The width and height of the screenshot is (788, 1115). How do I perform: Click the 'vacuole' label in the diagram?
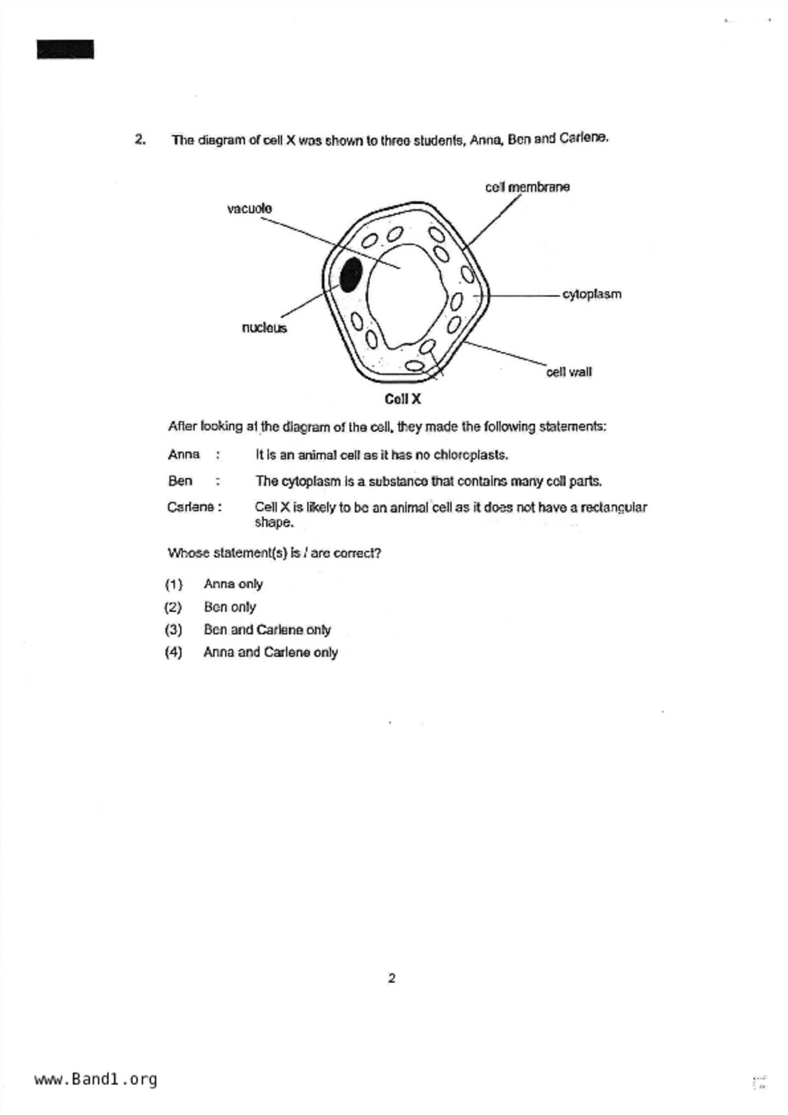click(249, 209)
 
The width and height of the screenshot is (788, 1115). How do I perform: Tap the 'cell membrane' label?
click(527, 187)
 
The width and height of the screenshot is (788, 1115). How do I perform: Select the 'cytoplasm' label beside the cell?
click(591, 294)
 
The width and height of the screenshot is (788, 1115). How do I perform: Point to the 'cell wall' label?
click(569, 372)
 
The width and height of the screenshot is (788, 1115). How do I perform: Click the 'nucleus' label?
click(264, 328)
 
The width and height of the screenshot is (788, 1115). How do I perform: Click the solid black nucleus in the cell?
click(351, 275)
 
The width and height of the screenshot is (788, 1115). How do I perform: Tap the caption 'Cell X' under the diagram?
click(403, 399)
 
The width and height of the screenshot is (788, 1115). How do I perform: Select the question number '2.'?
click(141, 139)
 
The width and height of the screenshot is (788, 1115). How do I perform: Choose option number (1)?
click(173, 584)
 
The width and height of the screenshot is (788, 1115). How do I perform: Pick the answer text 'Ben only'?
click(230, 607)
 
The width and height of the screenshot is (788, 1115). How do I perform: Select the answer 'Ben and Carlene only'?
click(267, 630)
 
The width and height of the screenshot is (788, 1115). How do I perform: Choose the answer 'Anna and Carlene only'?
click(270, 652)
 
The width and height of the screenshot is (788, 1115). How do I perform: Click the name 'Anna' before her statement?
click(184, 455)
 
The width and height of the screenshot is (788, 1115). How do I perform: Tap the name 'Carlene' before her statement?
click(191, 507)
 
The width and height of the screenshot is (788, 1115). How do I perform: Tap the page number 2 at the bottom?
click(391, 978)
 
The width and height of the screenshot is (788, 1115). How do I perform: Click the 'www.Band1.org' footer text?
click(95, 1079)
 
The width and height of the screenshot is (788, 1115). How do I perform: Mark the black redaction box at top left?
click(66, 50)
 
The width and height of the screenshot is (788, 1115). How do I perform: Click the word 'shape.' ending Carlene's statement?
click(274, 523)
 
